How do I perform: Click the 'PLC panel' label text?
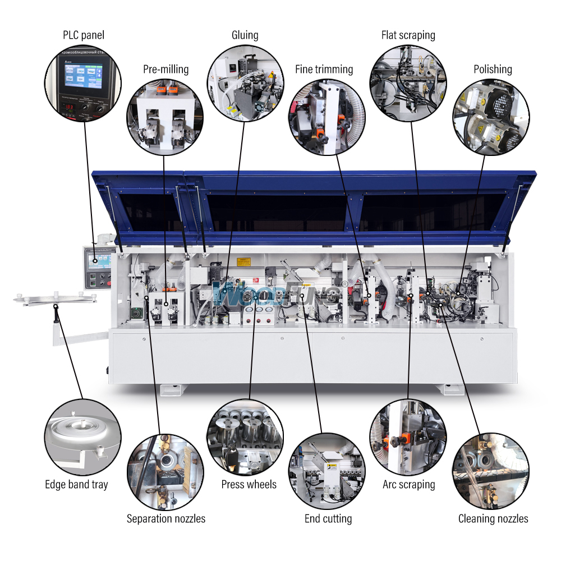tap(83, 35)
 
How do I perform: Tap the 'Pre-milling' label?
tap(165, 70)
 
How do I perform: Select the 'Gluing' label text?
tap(245, 35)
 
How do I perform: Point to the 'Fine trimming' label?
tap(324, 70)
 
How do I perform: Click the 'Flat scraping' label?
tap(408, 35)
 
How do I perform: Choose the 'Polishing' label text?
tap(493, 70)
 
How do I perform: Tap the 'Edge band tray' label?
tap(76, 484)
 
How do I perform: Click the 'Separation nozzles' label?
tap(165, 518)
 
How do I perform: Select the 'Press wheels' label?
tap(249, 484)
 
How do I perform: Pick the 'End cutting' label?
tap(328, 518)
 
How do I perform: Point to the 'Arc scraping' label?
tap(408, 484)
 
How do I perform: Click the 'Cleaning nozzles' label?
tap(493, 518)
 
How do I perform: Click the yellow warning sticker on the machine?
tap(243, 261)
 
